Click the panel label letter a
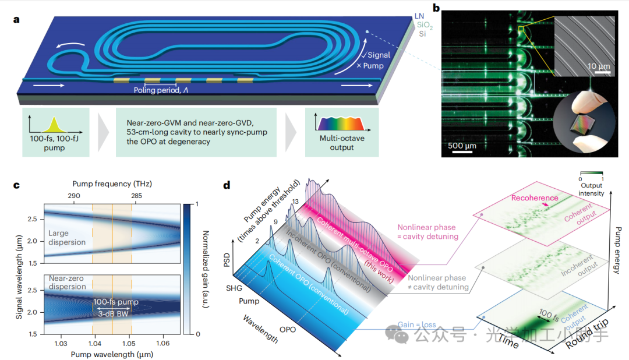(16, 20)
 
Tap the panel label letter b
(436, 10)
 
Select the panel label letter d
(227, 186)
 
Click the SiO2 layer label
(424, 25)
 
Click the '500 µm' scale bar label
(462, 144)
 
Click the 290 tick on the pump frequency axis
(75, 197)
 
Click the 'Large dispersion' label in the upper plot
(67, 238)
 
